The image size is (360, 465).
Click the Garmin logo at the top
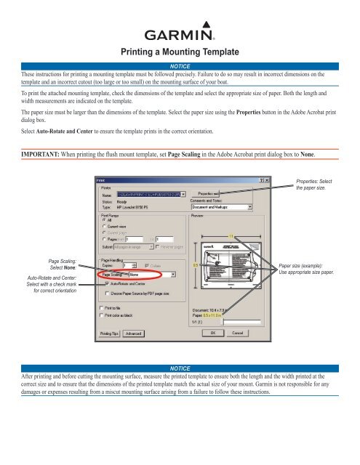point(180,34)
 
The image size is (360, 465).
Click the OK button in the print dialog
point(214,333)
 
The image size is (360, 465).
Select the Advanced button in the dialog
point(132,333)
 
